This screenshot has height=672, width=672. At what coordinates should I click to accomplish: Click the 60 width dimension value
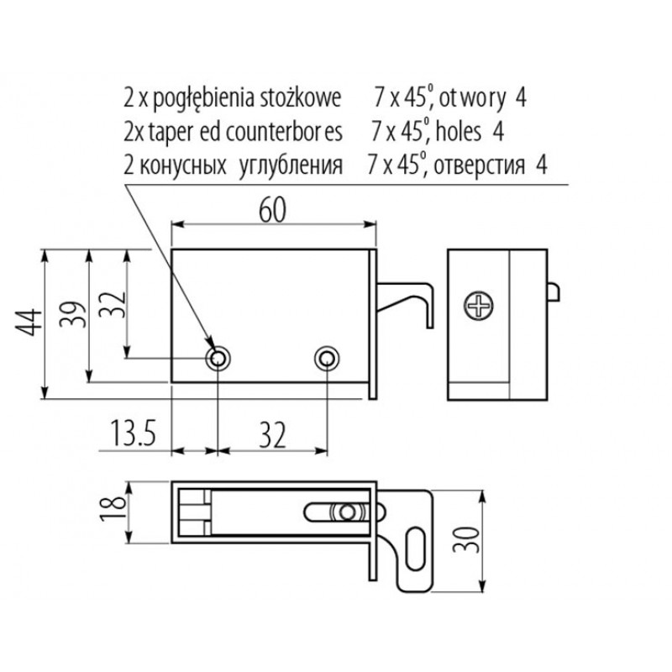[272, 211]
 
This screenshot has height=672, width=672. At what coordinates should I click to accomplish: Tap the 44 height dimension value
[29, 323]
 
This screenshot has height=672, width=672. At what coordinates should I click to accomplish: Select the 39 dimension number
[72, 314]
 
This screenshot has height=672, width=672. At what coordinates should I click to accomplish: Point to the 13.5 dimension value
[134, 433]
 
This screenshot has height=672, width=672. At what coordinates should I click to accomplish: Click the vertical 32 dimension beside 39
[113, 305]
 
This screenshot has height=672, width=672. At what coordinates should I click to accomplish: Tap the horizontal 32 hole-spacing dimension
[272, 434]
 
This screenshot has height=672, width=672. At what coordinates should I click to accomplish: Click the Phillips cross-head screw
[478, 306]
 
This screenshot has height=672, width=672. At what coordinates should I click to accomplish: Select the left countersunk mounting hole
[218, 359]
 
